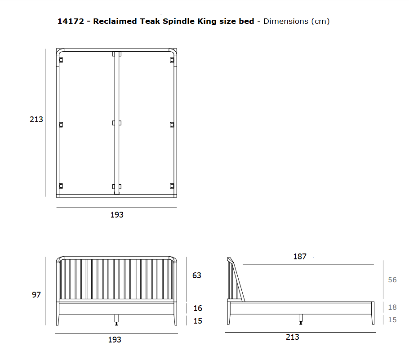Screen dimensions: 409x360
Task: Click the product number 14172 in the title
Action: pos(71,21)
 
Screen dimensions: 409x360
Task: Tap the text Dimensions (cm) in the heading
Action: pos(297,22)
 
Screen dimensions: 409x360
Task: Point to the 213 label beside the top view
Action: pos(36,120)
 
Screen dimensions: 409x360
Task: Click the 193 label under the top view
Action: pos(117,215)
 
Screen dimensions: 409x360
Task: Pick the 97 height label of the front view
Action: pos(36,295)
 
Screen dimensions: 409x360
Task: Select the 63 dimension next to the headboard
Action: pos(197,276)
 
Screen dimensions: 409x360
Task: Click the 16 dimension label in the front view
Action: pos(198,308)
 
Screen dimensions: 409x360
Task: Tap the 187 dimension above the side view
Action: pos(300,257)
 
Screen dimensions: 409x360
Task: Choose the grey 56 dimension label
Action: pos(392,280)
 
